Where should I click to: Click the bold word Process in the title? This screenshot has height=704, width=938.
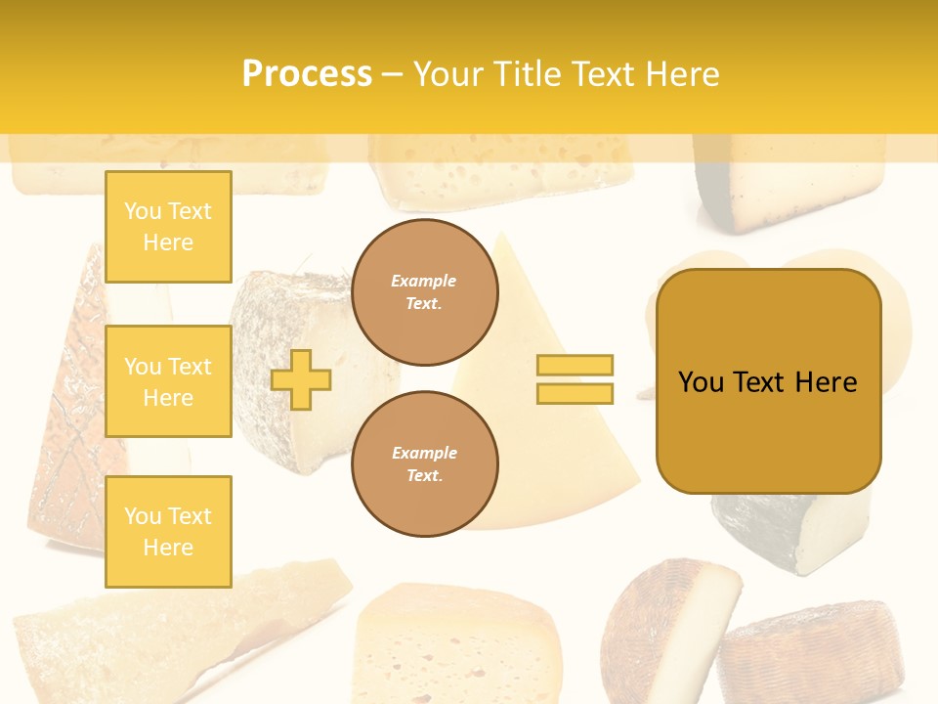coord(307,73)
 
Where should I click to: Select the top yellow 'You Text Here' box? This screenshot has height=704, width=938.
coord(168,227)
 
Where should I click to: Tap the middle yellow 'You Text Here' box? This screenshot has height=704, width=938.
coord(168,381)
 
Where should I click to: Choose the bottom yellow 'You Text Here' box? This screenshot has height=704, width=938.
coord(168,532)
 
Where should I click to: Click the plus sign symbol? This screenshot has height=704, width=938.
coord(301,379)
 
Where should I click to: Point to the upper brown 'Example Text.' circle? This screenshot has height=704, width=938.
coord(424,292)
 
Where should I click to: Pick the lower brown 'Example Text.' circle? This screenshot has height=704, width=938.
coord(424,464)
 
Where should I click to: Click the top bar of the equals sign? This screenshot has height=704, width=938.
coord(575,365)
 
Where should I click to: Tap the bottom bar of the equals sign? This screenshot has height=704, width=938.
coord(575,393)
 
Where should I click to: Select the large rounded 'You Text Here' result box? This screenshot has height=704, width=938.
coord(768,381)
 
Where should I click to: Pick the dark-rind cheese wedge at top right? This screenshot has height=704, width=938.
coord(782,191)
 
